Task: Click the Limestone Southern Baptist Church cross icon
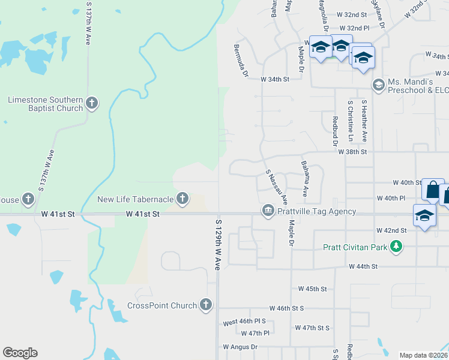click(91, 103)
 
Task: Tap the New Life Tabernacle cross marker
click(182, 199)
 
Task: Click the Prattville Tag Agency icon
click(268, 211)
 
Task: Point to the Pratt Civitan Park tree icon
click(395, 246)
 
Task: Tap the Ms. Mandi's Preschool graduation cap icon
click(378, 85)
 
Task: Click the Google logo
click(20, 353)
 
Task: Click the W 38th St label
click(352, 152)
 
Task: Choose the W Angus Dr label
click(240, 347)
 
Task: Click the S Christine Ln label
click(351, 121)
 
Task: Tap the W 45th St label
click(312, 289)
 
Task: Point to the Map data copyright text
click(423, 355)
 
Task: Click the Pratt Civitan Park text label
click(355, 247)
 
